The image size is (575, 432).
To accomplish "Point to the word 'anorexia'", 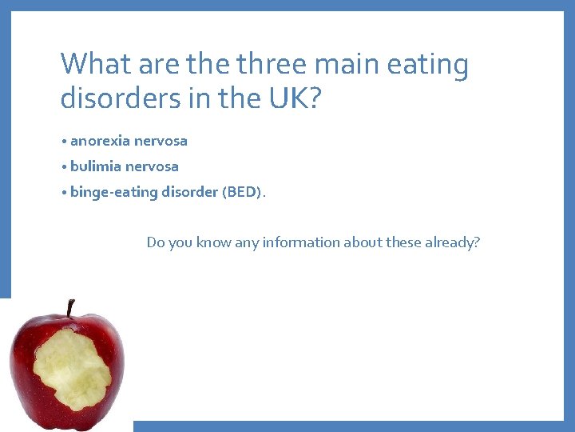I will (100, 141).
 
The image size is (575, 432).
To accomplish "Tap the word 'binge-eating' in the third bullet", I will (109, 192).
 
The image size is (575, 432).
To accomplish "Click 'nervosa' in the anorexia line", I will (161, 141).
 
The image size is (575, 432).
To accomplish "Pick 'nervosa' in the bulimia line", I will (152, 166).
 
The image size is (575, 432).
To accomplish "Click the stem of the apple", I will (70, 307).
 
